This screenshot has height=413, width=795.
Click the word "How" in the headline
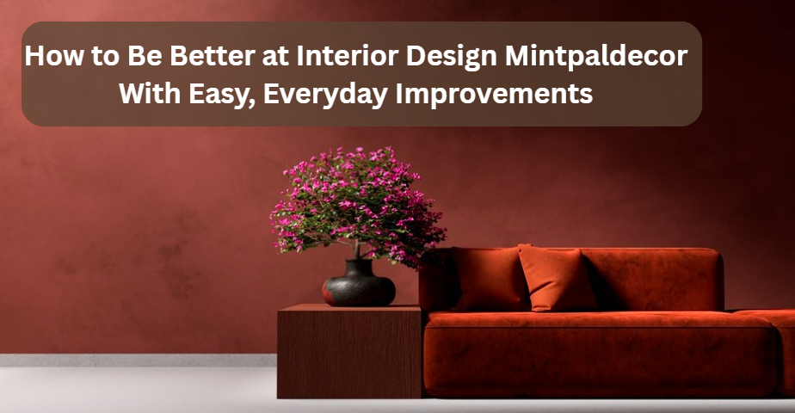click(x=55, y=56)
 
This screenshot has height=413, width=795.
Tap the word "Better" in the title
click(x=213, y=56)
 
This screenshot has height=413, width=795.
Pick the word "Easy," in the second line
click(x=222, y=95)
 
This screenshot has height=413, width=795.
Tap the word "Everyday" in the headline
click(x=325, y=95)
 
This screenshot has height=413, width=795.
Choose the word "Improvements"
click(x=495, y=95)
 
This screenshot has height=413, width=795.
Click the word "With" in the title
click(x=150, y=94)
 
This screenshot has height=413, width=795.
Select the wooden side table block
click(x=349, y=351)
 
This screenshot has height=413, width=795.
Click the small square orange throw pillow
click(x=557, y=278)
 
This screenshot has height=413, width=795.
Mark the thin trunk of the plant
click(x=357, y=250)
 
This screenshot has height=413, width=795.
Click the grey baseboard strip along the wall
click(x=138, y=360)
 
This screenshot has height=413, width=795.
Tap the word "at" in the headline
click(x=276, y=57)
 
